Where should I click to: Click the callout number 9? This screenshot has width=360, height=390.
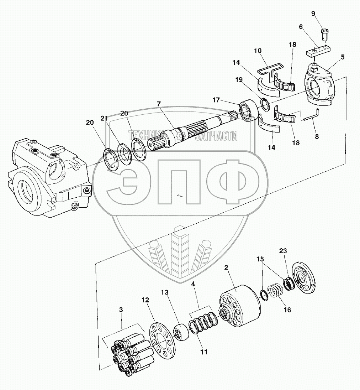313,14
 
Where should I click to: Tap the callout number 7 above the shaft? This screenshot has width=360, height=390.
159,104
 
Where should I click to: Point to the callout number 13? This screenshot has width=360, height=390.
164,292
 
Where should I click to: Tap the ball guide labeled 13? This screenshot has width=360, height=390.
181,332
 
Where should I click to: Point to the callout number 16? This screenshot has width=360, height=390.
287,310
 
